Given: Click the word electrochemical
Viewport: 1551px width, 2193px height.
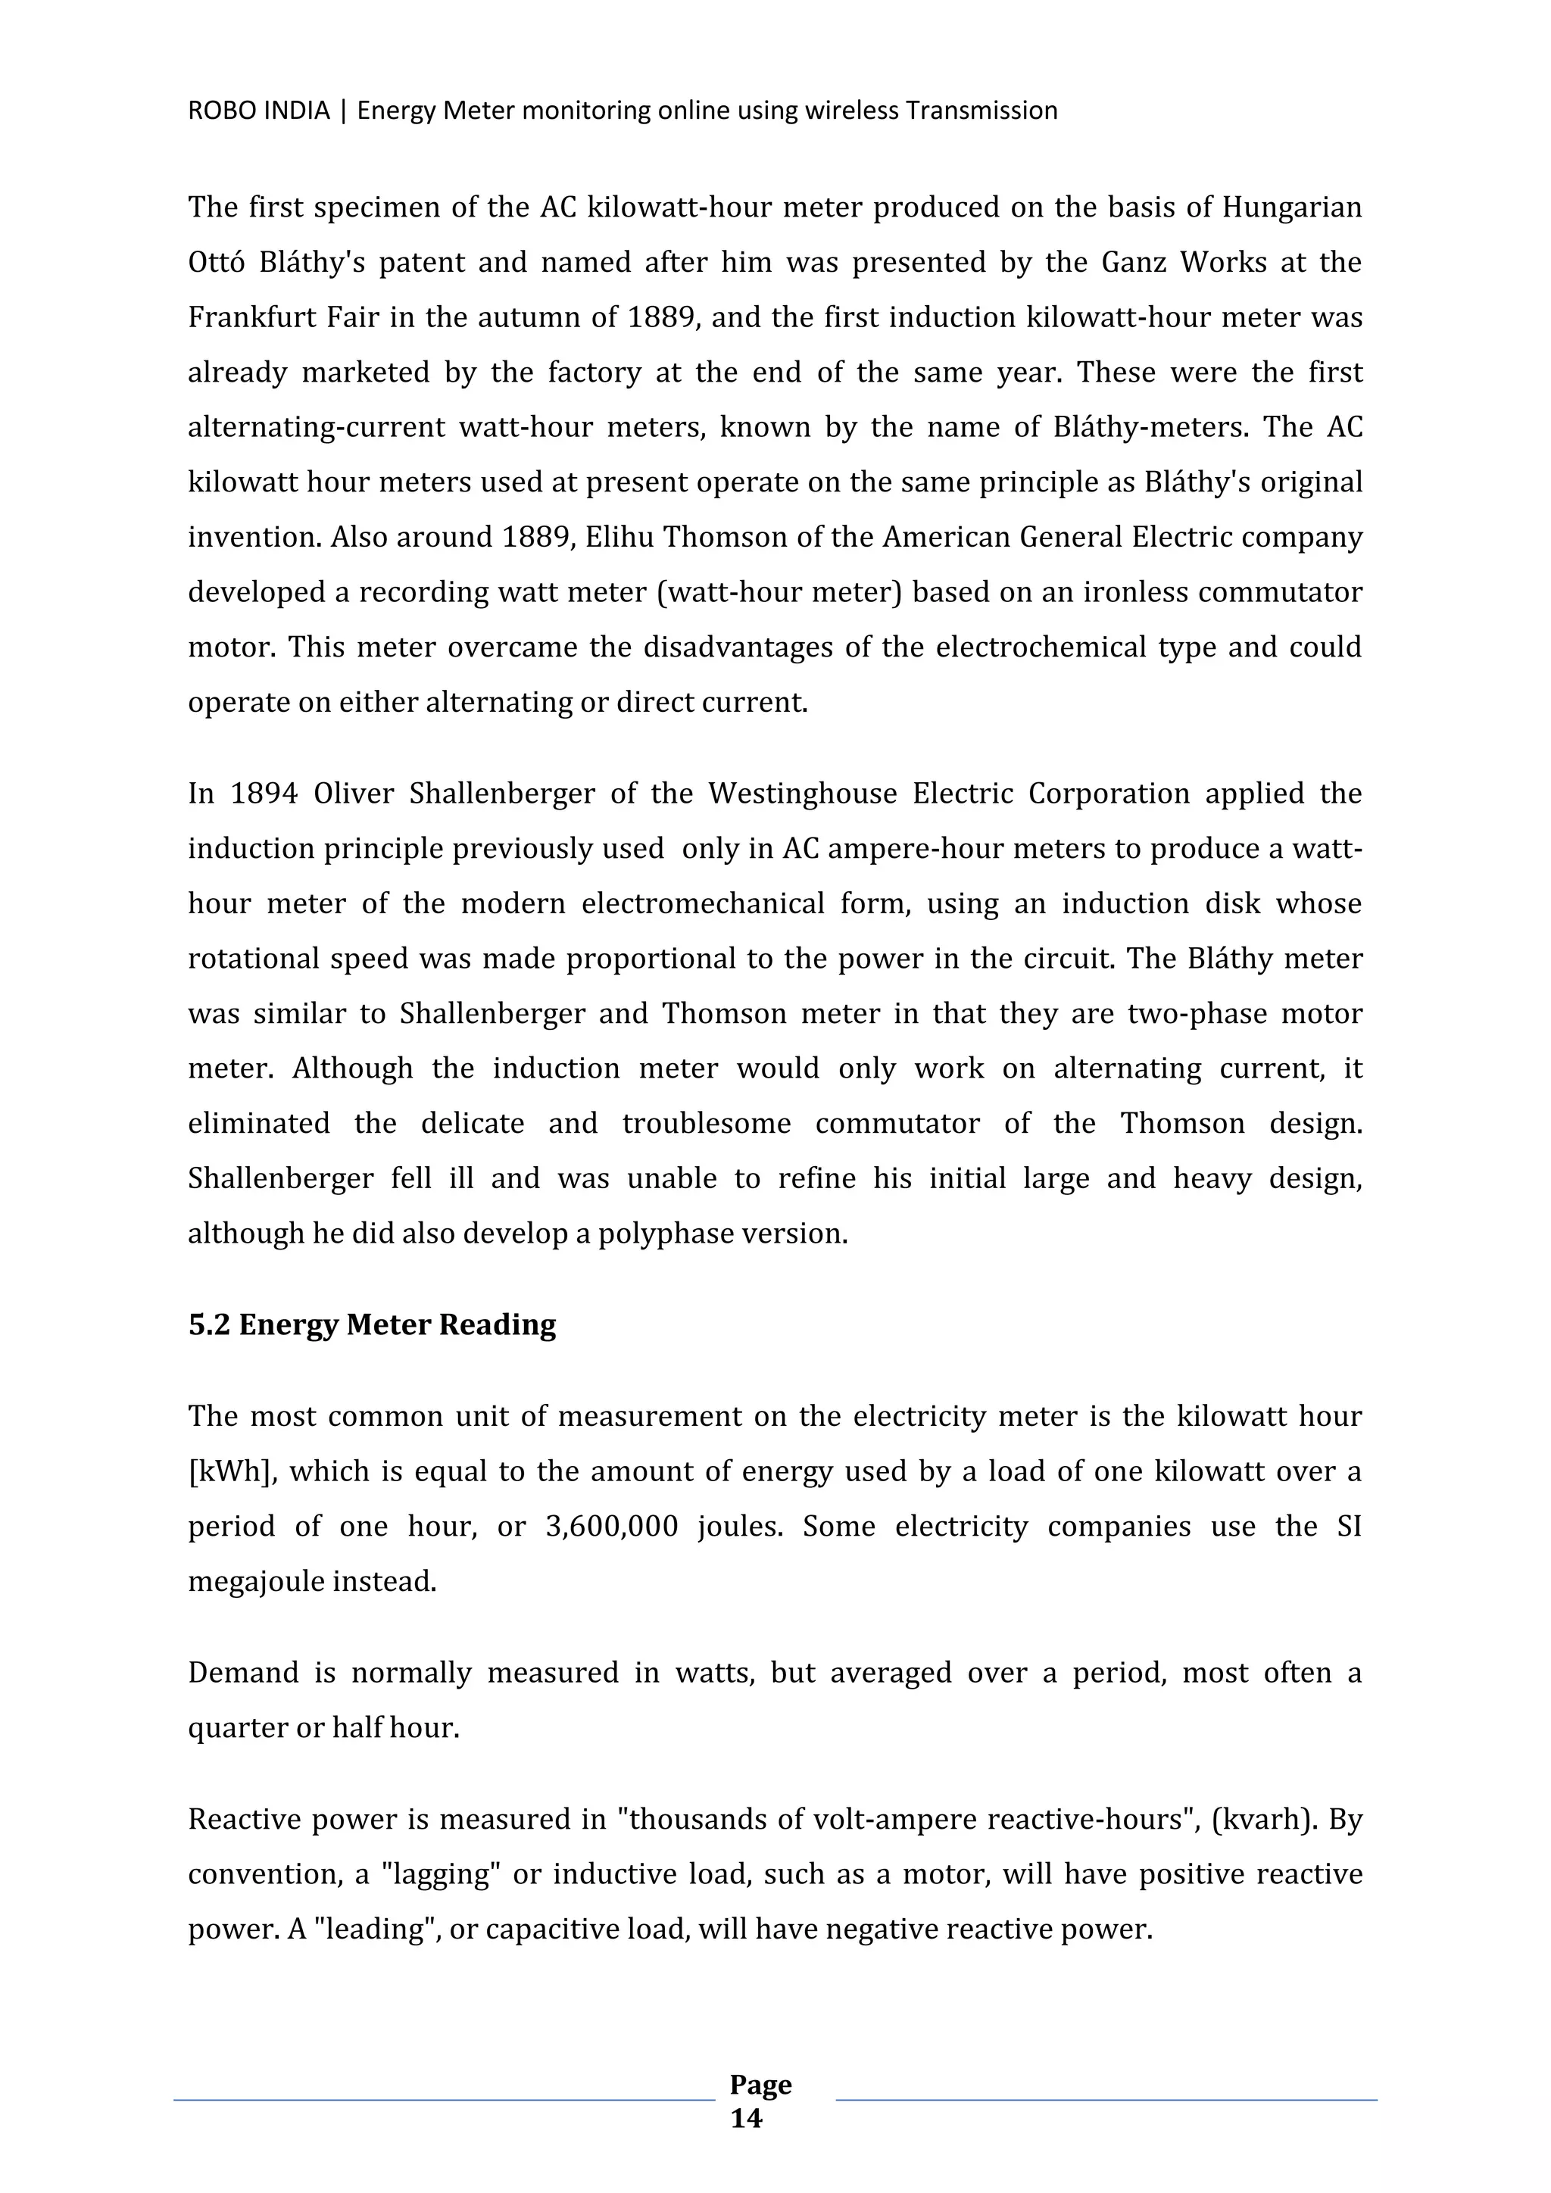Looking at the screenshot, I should tap(1038, 647).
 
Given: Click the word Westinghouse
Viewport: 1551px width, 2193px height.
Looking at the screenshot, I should tap(802, 794).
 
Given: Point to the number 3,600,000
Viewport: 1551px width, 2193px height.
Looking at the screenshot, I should tap(611, 1527).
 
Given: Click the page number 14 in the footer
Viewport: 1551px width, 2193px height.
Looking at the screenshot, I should tap(746, 2120).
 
